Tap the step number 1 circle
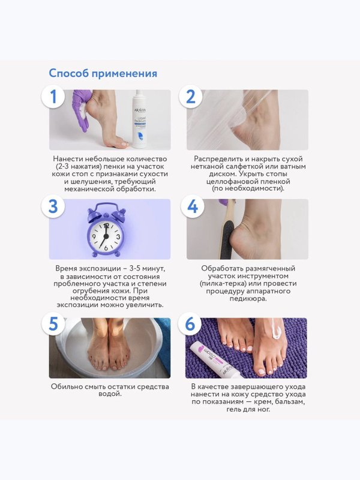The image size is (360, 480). (x=53, y=97)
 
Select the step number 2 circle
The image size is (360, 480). (x=190, y=97)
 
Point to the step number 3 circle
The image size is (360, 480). (x=53, y=206)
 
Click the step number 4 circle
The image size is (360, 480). (x=192, y=206)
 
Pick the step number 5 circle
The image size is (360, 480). (x=53, y=323)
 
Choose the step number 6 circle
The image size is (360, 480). (x=190, y=323)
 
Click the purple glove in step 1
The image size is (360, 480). (x=81, y=109)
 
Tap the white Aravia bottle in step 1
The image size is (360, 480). (x=140, y=119)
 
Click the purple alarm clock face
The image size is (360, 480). (x=106, y=236)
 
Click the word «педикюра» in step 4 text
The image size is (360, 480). (x=248, y=298)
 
